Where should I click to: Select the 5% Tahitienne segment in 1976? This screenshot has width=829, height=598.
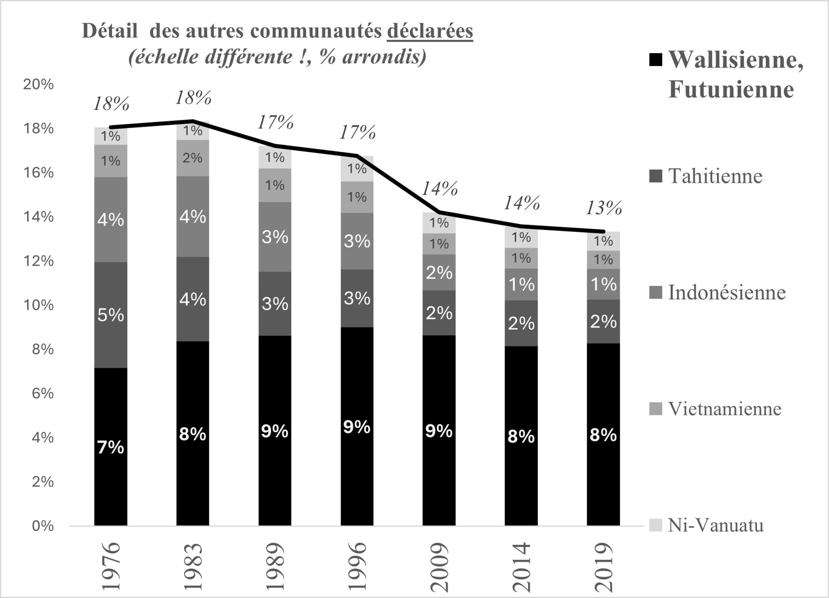coord(110,315)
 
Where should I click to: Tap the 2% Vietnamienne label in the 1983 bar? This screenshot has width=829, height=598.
coord(193,158)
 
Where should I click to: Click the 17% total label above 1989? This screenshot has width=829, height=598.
coord(275,122)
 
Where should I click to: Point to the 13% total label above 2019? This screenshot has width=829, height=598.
coord(604,208)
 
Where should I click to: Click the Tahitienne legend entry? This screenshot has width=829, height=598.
coord(715,176)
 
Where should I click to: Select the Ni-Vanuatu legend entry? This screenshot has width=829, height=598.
coord(715,525)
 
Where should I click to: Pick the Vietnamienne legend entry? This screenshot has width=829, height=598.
coord(724,409)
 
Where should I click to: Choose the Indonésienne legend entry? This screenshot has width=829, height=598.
coord(727,292)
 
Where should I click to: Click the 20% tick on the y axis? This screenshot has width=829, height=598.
coord(38,84)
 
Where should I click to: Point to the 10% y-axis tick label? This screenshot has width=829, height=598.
coord(38,305)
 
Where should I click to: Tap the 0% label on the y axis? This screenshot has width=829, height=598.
coord(42,526)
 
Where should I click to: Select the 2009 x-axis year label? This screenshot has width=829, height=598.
coord(439,567)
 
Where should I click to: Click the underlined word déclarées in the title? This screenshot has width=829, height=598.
coord(430,31)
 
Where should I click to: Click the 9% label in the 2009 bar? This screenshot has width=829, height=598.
coord(439,430)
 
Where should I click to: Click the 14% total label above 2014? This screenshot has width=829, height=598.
coord(522,203)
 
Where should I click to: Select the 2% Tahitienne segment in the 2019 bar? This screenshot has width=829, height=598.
coord(603,321)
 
